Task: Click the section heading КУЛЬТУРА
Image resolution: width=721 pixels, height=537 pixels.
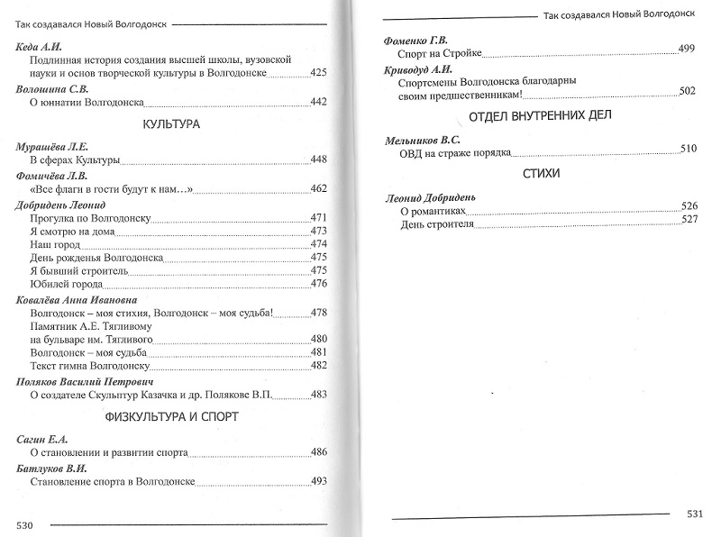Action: (171, 123)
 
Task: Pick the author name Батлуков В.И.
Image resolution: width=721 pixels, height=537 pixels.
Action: (50, 469)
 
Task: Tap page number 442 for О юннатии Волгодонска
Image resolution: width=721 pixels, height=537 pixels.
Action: (317, 102)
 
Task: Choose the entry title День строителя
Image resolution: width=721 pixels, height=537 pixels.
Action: (437, 220)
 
